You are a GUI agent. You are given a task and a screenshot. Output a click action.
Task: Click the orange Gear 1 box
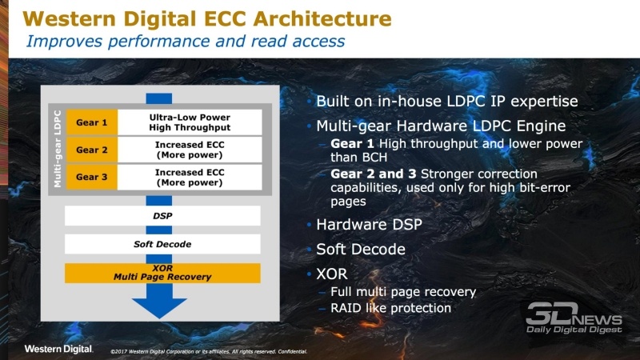pos(92,122)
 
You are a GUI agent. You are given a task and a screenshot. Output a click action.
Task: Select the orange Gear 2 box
pos(92,149)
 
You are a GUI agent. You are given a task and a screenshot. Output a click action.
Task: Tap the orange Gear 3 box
pos(92,176)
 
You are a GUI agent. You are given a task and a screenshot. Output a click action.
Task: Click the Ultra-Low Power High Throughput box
pos(190,122)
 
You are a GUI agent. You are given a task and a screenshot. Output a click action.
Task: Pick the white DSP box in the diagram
pos(162,216)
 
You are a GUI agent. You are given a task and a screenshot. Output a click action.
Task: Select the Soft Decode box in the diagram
pos(162,244)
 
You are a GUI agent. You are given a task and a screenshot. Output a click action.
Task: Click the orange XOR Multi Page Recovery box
pos(162,272)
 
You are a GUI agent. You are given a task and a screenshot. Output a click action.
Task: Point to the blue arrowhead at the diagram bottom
pos(162,307)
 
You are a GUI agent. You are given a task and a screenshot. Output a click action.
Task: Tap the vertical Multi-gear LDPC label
pos(58,150)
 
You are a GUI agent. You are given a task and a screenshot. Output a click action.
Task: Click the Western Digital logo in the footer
pos(58,349)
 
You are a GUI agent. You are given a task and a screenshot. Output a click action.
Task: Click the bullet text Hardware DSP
pos(369,225)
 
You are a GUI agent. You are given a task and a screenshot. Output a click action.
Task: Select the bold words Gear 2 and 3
pos(373,174)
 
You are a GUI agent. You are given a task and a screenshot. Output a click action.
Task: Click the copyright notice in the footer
pos(208,351)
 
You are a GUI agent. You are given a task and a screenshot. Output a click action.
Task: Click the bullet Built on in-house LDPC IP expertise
pos(446,102)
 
